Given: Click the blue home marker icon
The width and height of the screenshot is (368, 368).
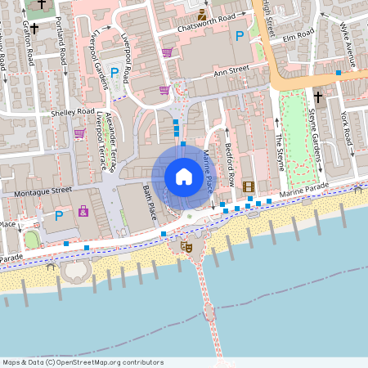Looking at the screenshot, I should click(184, 177).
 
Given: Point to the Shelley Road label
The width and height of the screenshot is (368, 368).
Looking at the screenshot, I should click(73, 112).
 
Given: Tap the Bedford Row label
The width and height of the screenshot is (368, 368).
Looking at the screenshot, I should click(231, 168).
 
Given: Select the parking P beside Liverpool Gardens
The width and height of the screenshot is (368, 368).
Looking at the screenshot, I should click(114, 73).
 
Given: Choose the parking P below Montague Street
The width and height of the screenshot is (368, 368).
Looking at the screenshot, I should click(58, 216).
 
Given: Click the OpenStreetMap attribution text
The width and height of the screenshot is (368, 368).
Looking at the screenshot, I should click(83, 362).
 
